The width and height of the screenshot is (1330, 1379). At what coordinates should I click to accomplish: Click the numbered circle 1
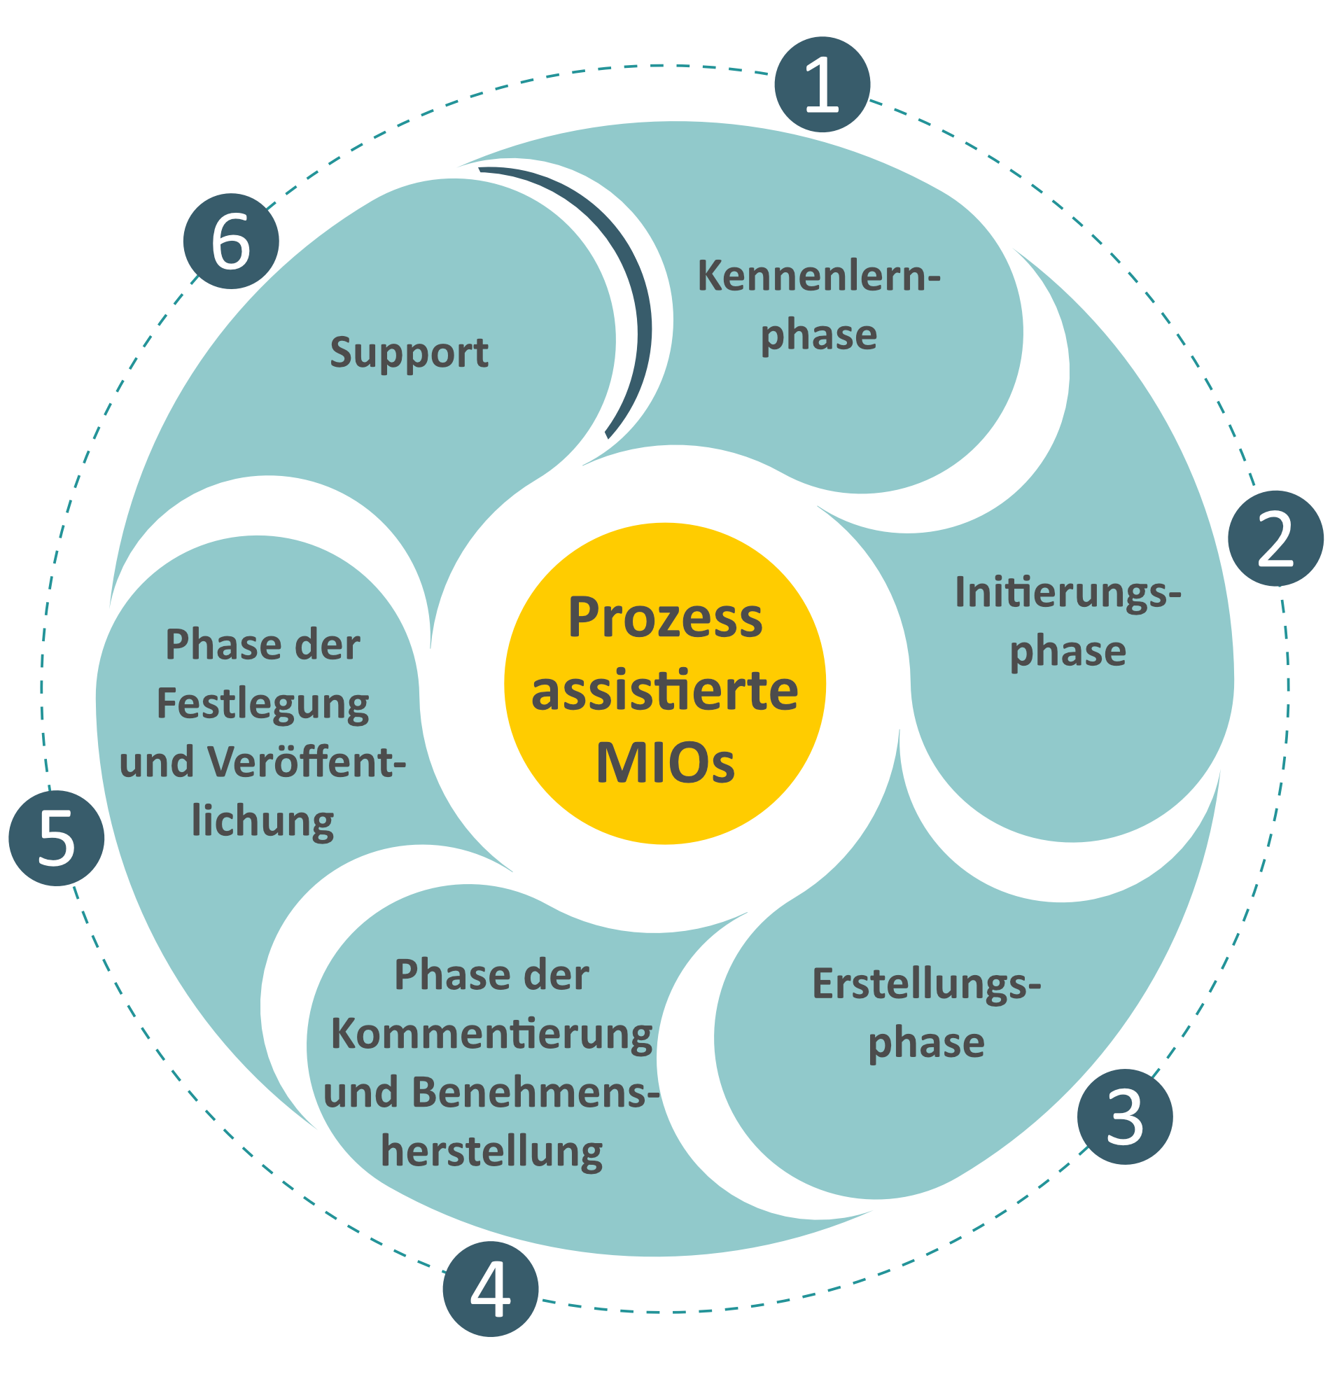[x=821, y=85]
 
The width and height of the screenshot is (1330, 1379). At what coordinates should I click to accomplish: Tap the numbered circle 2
[x=1275, y=538]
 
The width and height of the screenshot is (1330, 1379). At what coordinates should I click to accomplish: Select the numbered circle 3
[x=1123, y=1116]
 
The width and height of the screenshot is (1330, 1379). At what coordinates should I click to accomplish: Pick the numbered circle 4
[x=490, y=1289]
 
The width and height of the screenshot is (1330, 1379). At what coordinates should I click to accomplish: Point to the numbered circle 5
[x=56, y=838]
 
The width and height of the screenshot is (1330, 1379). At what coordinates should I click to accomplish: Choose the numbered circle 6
[x=231, y=241]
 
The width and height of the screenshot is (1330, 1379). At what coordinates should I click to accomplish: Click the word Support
[x=409, y=352]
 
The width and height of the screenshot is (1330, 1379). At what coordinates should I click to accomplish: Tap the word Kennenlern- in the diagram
[x=818, y=276]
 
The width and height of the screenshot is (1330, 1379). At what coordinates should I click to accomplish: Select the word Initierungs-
[x=1067, y=592]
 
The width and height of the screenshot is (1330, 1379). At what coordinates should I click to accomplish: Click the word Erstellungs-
[x=926, y=983]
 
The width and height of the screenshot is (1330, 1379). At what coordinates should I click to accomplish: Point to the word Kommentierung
[x=491, y=1035]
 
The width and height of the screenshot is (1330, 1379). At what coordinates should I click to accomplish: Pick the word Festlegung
[x=262, y=704]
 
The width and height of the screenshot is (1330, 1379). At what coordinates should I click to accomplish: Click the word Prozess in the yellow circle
[x=665, y=617]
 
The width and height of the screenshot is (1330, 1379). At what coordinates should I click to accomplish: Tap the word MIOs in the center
[x=665, y=763]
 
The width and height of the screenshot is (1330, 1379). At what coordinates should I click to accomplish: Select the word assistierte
[x=665, y=690]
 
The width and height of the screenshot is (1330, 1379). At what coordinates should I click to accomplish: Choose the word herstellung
[x=491, y=1151]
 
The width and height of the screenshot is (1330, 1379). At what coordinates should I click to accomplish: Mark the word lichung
[x=262, y=821]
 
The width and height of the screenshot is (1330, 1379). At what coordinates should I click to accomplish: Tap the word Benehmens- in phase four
[x=491, y=1093]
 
